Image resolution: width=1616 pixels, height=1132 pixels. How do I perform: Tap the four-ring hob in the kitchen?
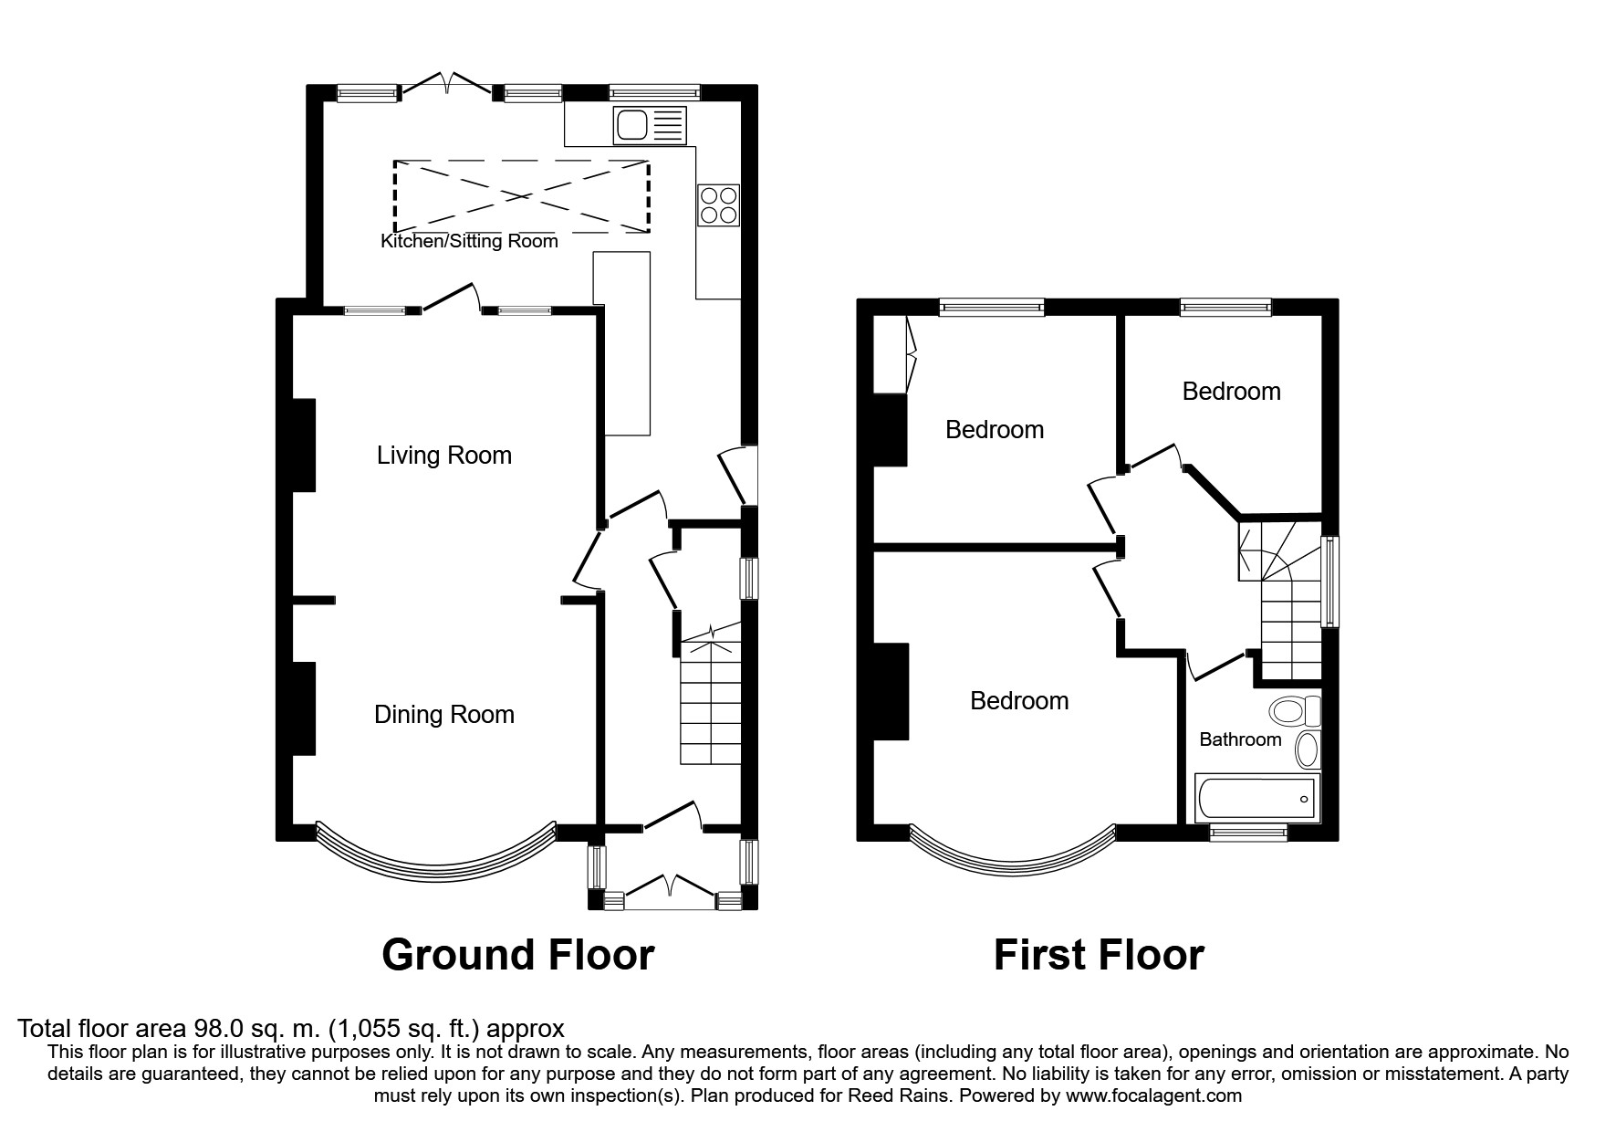(718, 204)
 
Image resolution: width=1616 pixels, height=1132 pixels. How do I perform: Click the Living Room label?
(444, 455)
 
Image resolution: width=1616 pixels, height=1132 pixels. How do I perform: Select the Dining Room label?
(444, 714)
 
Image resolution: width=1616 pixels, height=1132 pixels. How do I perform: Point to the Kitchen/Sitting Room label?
(469, 241)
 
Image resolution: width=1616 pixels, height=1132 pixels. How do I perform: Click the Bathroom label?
(1240, 739)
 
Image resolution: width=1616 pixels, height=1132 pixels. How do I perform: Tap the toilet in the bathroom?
(1294, 710)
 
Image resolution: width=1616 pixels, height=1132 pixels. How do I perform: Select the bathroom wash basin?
(1308, 749)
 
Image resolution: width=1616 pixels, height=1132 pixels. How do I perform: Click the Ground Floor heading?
(517, 955)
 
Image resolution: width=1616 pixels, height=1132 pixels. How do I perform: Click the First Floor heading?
(1099, 955)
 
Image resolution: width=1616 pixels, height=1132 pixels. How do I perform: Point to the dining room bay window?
(436, 854)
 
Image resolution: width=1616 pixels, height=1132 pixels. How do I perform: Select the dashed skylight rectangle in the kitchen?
(521, 195)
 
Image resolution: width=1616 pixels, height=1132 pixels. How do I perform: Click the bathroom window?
(1248, 832)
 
